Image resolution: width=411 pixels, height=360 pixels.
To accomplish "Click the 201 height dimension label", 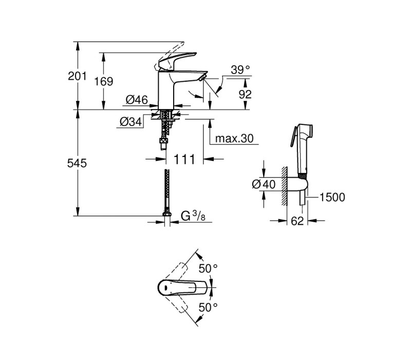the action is (x=77, y=76).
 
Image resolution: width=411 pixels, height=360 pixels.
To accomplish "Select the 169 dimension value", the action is (x=104, y=81).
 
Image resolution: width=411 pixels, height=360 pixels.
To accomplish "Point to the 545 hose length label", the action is (x=77, y=163).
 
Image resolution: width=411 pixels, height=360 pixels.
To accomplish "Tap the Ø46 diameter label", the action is (x=137, y=100).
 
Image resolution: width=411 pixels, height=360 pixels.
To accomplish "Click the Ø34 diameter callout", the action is (x=131, y=121).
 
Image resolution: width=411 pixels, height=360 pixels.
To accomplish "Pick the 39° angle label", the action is (x=240, y=70).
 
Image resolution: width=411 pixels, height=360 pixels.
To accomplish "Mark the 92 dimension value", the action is (x=245, y=94).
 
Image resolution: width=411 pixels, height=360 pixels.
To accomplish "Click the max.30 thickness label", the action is (x=234, y=138).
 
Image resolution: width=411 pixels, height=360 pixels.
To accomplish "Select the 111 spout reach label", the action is (x=184, y=159).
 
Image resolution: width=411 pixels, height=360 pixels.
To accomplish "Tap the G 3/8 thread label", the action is (x=193, y=216).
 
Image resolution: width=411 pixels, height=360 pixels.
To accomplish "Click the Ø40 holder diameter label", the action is (x=264, y=184).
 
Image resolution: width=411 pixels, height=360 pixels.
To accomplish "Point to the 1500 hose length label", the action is (x=332, y=197).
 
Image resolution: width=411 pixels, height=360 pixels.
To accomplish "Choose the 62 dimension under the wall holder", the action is (x=297, y=221).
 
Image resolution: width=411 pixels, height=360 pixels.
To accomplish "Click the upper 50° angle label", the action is (x=208, y=268).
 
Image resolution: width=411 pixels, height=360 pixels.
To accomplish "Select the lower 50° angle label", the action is (x=208, y=307).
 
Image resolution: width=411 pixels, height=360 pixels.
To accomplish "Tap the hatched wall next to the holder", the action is (x=285, y=186).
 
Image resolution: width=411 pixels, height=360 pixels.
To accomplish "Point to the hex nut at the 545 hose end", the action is (x=166, y=213).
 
